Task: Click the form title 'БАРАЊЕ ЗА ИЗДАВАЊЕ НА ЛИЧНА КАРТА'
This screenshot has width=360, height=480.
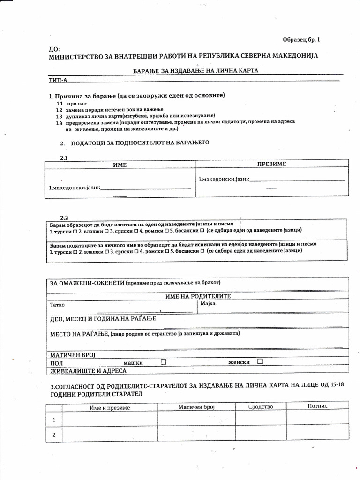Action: coord(195,70)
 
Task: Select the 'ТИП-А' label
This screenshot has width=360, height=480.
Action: coord(59,80)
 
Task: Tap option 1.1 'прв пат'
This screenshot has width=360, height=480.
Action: coord(76,103)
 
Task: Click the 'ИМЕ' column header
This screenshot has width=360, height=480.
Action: coord(120,165)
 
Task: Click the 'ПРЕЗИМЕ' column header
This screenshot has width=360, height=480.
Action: coord(271,164)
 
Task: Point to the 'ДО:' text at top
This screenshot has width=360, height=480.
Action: coord(54,48)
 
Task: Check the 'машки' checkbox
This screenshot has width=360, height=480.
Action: coord(164,362)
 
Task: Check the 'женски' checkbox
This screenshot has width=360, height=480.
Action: coord(260,361)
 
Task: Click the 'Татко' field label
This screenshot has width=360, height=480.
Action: coord(58,305)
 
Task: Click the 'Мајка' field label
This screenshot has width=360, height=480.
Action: coord(207,304)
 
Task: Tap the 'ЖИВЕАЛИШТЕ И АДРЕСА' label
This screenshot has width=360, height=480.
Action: coord(89,370)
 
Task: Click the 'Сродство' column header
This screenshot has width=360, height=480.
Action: coord(261,406)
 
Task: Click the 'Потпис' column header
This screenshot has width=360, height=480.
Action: coord(317,406)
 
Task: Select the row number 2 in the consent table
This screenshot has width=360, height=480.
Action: coord(54,435)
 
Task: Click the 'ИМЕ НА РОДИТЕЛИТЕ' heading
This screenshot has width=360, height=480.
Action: coord(198,296)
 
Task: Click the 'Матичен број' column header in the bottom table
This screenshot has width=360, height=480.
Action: coord(196,407)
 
